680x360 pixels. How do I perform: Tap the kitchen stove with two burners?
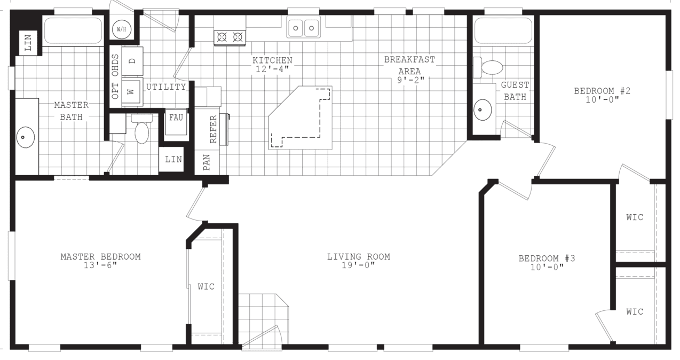click(x=230, y=37)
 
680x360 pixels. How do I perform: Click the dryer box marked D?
click(x=132, y=60)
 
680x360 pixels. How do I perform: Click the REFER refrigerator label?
click(x=213, y=129)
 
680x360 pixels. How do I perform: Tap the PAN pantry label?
click(x=207, y=162)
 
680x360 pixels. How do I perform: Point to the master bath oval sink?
click(x=24, y=137)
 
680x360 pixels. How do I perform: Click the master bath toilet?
click(x=142, y=130)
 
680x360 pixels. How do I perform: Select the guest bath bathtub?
click(x=503, y=30)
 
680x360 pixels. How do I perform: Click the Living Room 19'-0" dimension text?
click(x=358, y=265)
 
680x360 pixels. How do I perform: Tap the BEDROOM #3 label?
click(x=547, y=259)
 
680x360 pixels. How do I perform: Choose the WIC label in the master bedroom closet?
click(x=206, y=287)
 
